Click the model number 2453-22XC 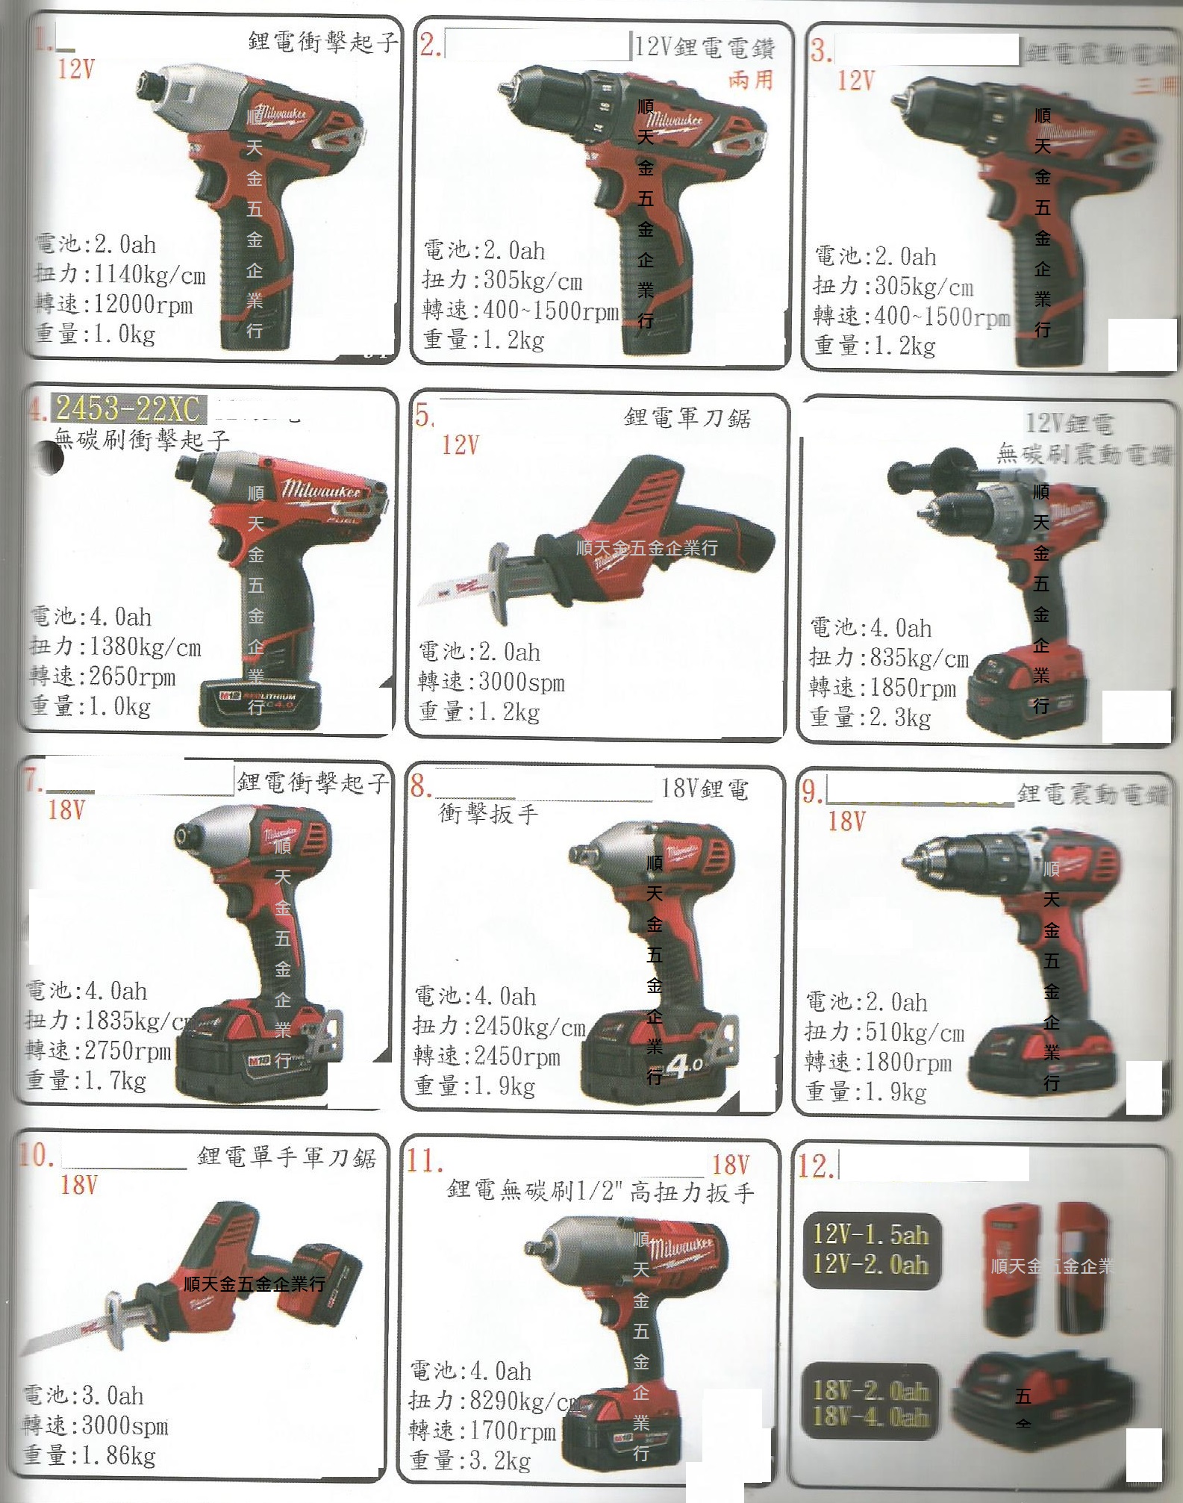(128, 408)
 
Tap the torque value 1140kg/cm (149, 275)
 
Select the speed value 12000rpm (143, 305)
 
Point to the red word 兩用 (750, 80)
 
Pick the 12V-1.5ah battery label (870, 1234)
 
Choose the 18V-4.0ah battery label (870, 1416)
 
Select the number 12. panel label (817, 1166)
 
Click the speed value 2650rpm (132, 676)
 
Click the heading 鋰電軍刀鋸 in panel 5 (687, 417)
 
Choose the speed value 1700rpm (513, 1431)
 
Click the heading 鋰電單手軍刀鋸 (287, 1157)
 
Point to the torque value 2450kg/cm (529, 1027)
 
